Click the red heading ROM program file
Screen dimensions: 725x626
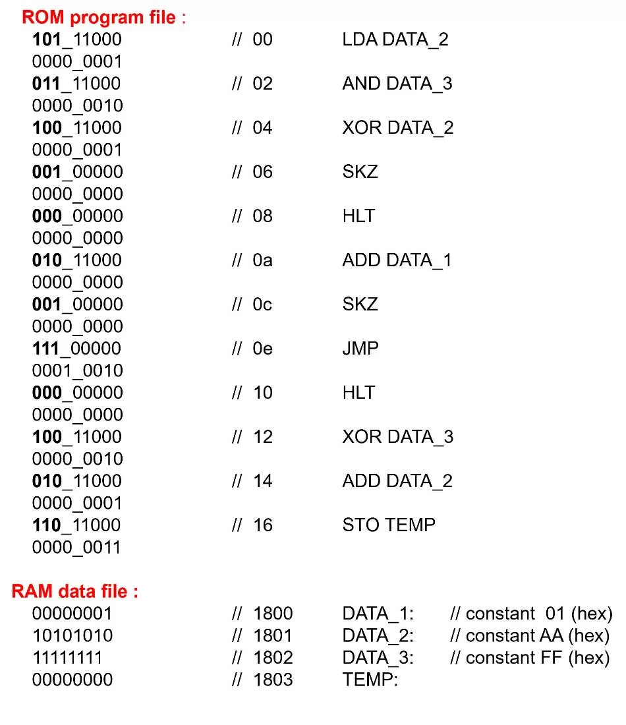[99, 18]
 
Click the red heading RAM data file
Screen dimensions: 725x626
[74, 591]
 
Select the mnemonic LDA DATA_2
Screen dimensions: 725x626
[395, 40]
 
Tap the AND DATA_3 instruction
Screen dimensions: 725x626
[397, 84]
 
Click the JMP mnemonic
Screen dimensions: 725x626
[360, 348]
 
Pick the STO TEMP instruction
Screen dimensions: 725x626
[389, 525]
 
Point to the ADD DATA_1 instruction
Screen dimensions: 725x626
[397, 260]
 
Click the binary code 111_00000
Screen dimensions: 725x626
[76, 349]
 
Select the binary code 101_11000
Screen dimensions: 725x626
[76, 40]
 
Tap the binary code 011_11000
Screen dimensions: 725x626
[76, 84]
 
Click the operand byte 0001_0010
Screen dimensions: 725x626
[77, 370]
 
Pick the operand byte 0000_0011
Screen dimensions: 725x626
[76, 547]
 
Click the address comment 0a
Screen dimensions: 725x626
[262, 260]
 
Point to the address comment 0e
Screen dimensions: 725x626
[262, 348]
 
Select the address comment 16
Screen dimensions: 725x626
[262, 525]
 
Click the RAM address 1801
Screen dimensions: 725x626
[272, 635]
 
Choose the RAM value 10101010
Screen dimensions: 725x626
[72, 635]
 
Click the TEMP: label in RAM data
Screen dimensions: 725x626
[370, 680]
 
